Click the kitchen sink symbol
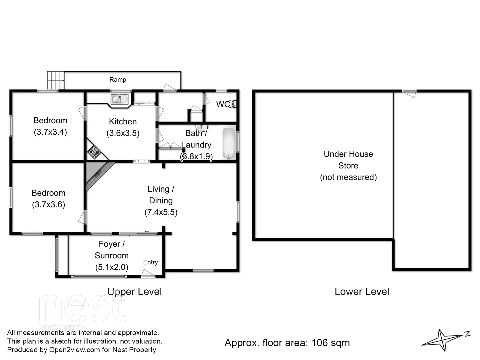point(119,99)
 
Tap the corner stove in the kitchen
point(94,152)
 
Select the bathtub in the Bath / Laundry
point(229,143)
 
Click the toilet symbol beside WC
point(234,104)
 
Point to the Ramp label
point(118,80)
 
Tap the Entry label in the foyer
point(150,262)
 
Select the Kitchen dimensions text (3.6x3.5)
point(123,133)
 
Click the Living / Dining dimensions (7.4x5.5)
point(161,212)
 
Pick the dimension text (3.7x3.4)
point(50,132)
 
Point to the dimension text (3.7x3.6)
point(48,205)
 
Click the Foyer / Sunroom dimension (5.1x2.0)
point(112,267)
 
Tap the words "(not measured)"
point(348,177)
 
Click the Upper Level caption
point(135,292)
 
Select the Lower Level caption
point(362,292)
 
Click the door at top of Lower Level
point(409,93)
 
